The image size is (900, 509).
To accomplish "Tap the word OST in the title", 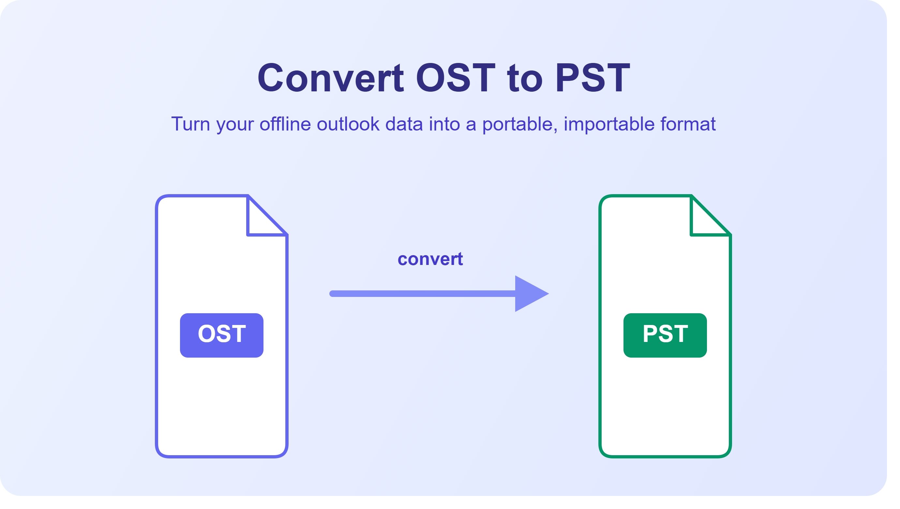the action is (x=455, y=78).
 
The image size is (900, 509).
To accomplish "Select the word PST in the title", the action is (x=592, y=78).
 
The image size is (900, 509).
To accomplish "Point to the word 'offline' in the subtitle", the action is (x=285, y=124).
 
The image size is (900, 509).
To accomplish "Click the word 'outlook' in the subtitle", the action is (x=348, y=124).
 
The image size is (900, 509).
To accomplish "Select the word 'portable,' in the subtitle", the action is (x=520, y=124).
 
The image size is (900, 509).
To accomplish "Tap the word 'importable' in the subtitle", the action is (x=609, y=124).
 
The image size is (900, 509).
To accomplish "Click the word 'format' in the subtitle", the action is (x=688, y=124).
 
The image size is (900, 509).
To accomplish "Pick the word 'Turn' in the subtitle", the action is (x=190, y=124).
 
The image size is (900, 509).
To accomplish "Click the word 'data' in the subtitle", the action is (x=404, y=124).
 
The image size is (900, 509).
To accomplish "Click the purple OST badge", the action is (x=221, y=335).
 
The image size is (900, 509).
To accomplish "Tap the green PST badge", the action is (x=665, y=335).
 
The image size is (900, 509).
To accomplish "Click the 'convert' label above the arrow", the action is (x=430, y=259).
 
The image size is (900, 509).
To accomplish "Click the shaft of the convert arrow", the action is (x=422, y=294).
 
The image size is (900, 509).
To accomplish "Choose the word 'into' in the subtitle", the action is (x=444, y=124).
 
